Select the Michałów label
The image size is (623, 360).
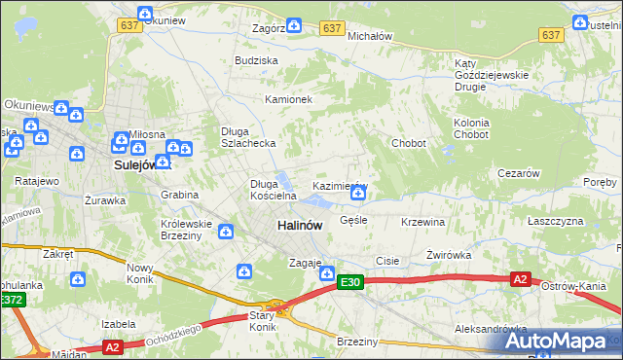[369, 35]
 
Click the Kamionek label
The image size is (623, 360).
[288, 99]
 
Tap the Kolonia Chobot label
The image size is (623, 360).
[470, 128]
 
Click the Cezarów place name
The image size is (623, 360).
[518, 172]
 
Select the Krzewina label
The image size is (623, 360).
[422, 222]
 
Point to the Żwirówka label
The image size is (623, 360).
[449, 255]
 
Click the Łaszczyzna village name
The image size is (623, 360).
[555, 222]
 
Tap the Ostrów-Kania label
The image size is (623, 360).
[574, 286]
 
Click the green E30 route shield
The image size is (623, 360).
[350, 282]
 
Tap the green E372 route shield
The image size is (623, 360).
[11, 301]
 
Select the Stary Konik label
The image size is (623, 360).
[264, 321]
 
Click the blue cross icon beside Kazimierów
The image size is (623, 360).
[358, 194]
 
